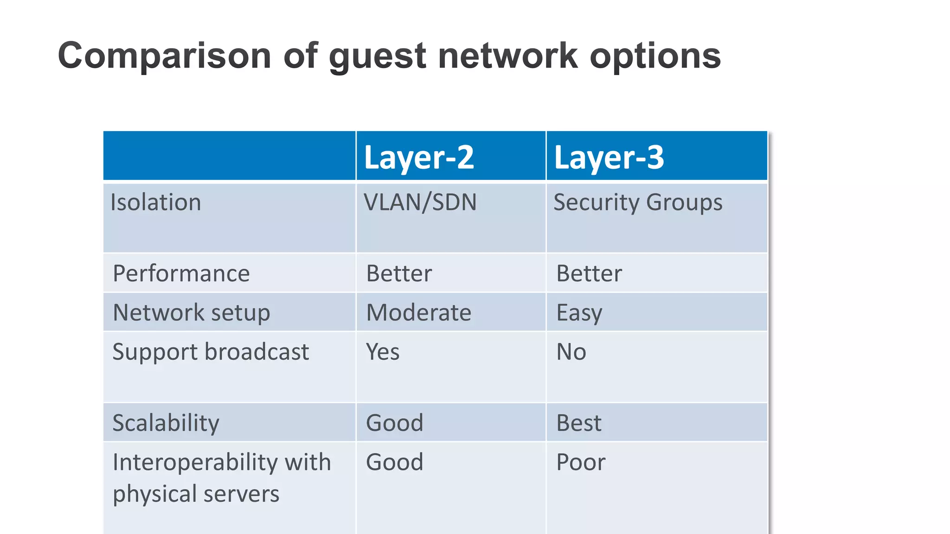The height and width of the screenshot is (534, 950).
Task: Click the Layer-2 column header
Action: pos(419,157)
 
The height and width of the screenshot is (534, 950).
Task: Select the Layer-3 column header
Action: pos(609,157)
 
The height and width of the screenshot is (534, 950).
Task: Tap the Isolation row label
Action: pos(156,203)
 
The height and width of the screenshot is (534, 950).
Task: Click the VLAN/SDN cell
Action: pos(420,203)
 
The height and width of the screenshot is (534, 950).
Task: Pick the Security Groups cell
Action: pos(638,203)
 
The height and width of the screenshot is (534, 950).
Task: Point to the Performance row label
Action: pos(181,273)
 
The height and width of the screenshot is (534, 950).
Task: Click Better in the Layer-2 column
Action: pos(399,273)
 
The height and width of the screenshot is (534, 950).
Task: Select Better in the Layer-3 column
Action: pos(589,273)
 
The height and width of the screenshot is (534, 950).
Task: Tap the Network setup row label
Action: pos(192,312)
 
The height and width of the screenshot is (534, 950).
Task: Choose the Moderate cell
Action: pos(418,312)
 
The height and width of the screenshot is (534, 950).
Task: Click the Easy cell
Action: pos(579,312)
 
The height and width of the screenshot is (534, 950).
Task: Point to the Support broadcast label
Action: pos(211,352)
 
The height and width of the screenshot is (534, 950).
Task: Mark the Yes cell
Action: pos(383,352)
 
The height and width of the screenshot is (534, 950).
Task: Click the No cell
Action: pos(571,352)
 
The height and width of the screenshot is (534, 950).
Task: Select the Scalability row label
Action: pos(166,423)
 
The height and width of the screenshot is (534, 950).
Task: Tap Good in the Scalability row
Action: pos(394,423)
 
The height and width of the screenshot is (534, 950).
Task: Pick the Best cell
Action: pos(578,423)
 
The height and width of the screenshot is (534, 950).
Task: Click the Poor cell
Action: pos(581,462)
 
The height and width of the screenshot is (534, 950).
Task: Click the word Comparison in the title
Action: pos(164,56)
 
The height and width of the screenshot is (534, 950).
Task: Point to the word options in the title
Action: pos(655,56)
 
